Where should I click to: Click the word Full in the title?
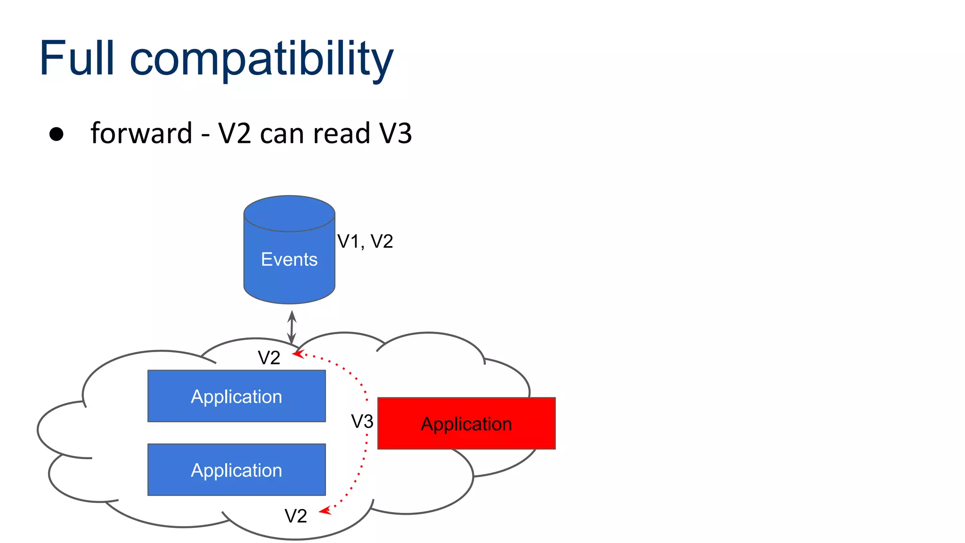[77, 58]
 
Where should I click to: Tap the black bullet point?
[57, 134]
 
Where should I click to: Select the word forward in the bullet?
[141, 133]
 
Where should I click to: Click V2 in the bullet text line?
[235, 133]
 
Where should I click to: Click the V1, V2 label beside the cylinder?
[365, 241]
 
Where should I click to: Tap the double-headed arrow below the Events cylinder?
[292, 327]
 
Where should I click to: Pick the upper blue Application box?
[237, 396]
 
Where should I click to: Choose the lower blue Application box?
[237, 469]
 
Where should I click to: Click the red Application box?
[466, 423]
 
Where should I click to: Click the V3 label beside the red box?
[362, 421]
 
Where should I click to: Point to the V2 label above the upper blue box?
[269, 358]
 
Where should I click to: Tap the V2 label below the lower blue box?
[296, 516]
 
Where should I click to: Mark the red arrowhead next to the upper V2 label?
[298, 354]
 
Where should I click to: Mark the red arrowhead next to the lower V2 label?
[325, 511]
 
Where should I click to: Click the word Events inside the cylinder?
[289, 259]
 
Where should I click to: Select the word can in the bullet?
[282, 134]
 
